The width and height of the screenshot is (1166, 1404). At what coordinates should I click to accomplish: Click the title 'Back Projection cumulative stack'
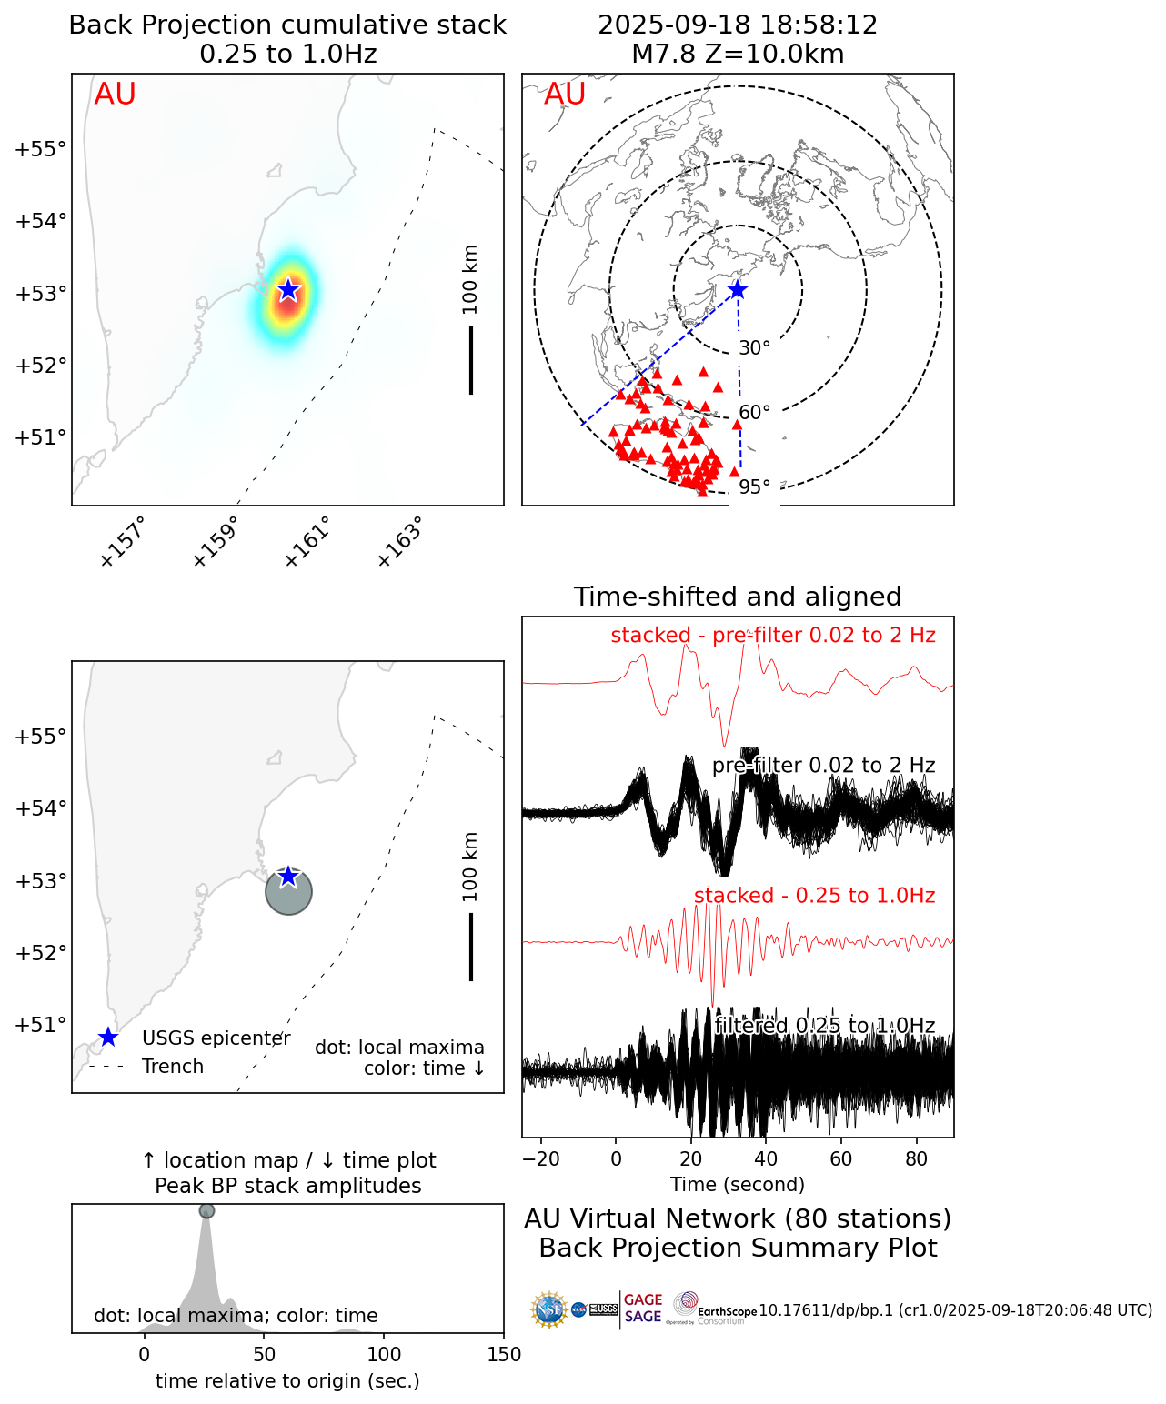click(287, 25)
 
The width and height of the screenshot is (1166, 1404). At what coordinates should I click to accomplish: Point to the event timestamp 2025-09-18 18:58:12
click(738, 25)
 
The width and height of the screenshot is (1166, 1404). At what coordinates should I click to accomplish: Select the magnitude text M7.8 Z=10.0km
click(738, 55)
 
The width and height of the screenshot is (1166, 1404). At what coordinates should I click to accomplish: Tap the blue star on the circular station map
click(738, 290)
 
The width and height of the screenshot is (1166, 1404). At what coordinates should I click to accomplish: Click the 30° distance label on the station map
click(754, 348)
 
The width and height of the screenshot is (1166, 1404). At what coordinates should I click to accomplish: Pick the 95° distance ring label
click(754, 487)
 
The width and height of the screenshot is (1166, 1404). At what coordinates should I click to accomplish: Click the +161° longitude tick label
click(306, 542)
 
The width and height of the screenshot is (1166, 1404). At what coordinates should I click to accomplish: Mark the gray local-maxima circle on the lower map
click(289, 892)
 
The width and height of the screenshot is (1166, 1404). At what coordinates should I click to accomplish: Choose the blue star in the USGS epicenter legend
click(108, 1038)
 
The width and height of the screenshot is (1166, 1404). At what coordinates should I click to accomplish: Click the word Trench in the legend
click(173, 1067)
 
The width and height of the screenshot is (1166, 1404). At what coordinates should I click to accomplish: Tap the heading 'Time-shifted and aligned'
click(738, 597)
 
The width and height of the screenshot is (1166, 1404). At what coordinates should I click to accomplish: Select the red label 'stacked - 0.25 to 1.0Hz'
click(814, 896)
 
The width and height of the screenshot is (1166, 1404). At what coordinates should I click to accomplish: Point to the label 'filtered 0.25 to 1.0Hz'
click(825, 1026)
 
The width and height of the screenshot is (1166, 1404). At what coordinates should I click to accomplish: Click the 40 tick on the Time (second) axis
click(766, 1159)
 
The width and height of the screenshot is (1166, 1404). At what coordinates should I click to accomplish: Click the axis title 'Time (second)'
click(738, 1185)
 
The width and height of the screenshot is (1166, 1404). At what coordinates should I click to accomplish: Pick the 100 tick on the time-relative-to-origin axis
click(384, 1355)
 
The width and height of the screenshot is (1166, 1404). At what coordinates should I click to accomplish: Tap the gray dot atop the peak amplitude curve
click(206, 1211)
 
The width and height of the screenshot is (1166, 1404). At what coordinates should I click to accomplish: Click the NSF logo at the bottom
click(549, 1309)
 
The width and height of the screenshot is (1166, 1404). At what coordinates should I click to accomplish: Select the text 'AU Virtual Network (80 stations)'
click(738, 1218)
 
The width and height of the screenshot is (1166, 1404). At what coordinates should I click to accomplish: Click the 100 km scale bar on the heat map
click(471, 360)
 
